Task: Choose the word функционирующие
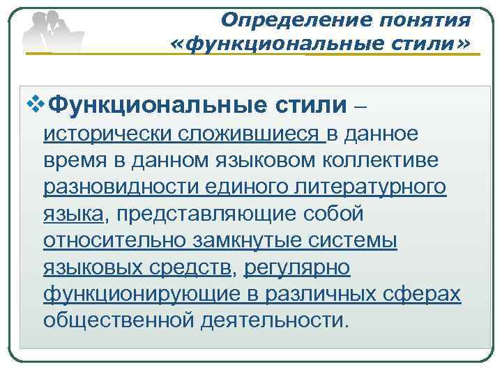point(137,293)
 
